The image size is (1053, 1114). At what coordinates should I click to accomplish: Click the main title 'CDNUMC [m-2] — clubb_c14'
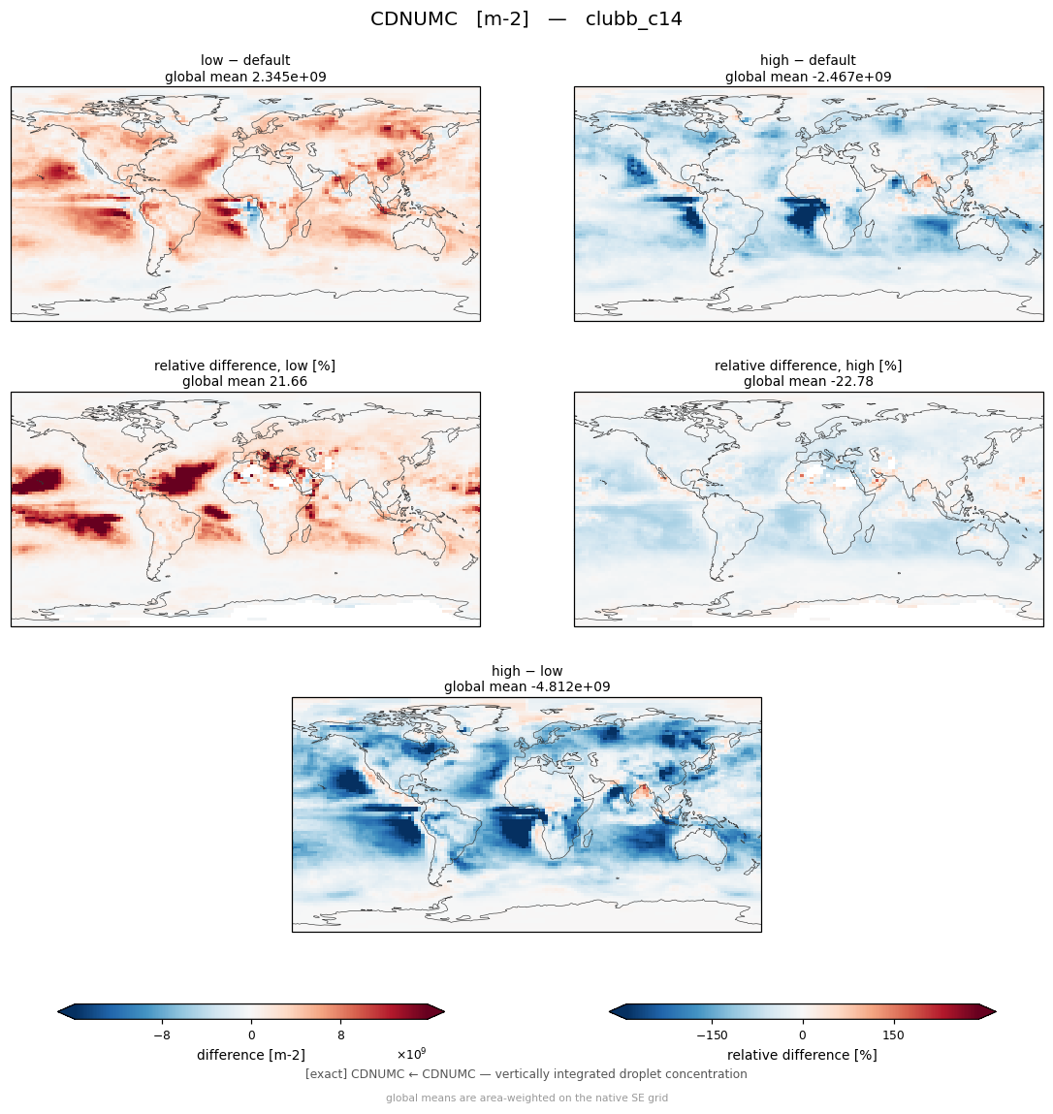(x=526, y=19)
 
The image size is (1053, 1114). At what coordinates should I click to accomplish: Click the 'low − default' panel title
(x=245, y=60)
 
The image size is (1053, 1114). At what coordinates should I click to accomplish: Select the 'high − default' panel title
(x=808, y=60)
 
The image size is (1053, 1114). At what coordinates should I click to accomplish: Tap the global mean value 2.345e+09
(x=289, y=77)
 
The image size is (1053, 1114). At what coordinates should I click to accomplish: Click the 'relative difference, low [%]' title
(x=245, y=366)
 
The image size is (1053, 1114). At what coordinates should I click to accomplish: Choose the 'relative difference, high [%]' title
(x=808, y=366)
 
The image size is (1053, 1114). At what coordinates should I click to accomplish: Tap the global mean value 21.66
(x=289, y=382)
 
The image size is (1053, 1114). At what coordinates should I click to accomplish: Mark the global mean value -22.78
(x=852, y=382)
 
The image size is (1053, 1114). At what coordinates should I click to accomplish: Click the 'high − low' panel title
(x=526, y=671)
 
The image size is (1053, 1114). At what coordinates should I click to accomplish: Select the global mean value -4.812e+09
(x=570, y=687)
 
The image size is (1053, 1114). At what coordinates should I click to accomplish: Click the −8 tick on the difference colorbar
(x=162, y=1035)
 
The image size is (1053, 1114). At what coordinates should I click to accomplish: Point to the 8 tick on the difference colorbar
(x=341, y=1035)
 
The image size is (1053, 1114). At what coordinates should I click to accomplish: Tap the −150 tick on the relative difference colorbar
(x=712, y=1035)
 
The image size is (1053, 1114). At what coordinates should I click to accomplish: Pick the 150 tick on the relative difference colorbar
(x=893, y=1035)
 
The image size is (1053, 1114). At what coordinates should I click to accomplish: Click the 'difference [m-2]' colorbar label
(x=251, y=1055)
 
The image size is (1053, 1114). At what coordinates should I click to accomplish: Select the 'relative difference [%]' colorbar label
(x=802, y=1055)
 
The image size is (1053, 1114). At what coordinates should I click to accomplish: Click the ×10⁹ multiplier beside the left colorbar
(x=411, y=1054)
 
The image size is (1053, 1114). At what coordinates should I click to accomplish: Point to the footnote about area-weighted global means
(x=526, y=1098)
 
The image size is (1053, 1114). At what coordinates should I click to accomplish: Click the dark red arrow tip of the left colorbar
(x=444, y=1011)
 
